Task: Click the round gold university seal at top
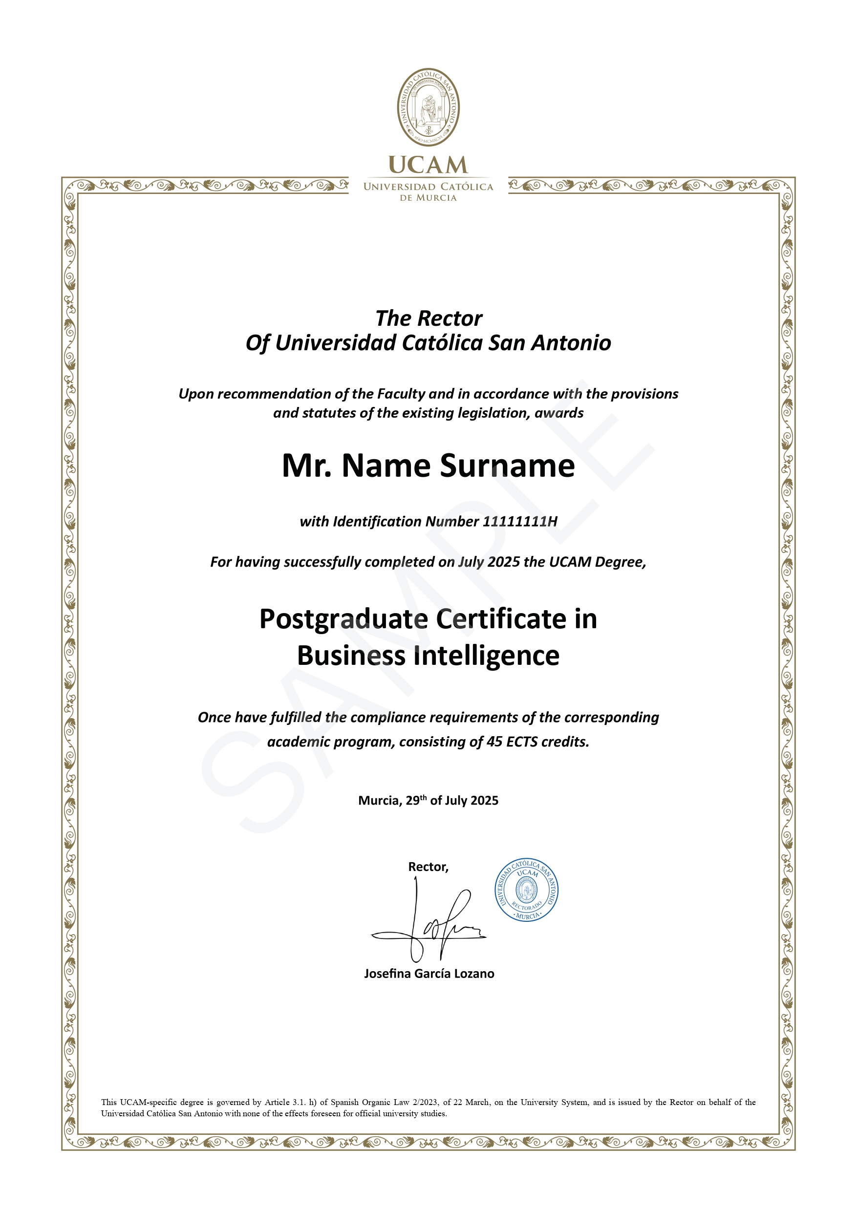click(428, 107)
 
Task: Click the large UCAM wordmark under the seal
click(428, 165)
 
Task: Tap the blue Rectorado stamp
click(526, 890)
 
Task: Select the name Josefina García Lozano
click(429, 974)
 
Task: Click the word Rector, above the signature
click(428, 867)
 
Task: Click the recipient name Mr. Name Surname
click(428, 466)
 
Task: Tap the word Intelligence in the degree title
click(486, 656)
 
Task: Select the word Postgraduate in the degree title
click(344, 619)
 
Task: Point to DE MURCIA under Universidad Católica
click(428, 198)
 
